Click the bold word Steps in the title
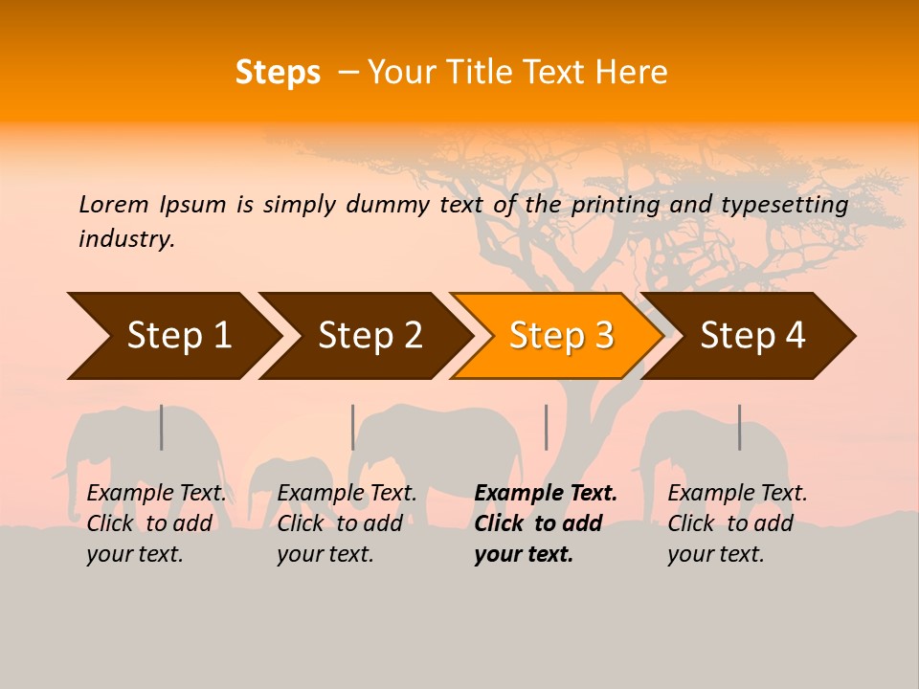point(278,73)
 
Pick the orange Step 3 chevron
point(561,336)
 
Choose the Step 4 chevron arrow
point(752,336)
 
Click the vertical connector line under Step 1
point(162,427)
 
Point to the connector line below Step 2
point(353,427)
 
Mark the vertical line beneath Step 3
point(547,427)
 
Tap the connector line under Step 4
point(740,427)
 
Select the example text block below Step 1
point(156,523)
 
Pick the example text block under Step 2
point(347,523)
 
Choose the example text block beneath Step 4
point(737,523)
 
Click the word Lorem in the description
point(114,205)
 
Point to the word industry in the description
point(126,239)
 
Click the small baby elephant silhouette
point(292,483)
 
